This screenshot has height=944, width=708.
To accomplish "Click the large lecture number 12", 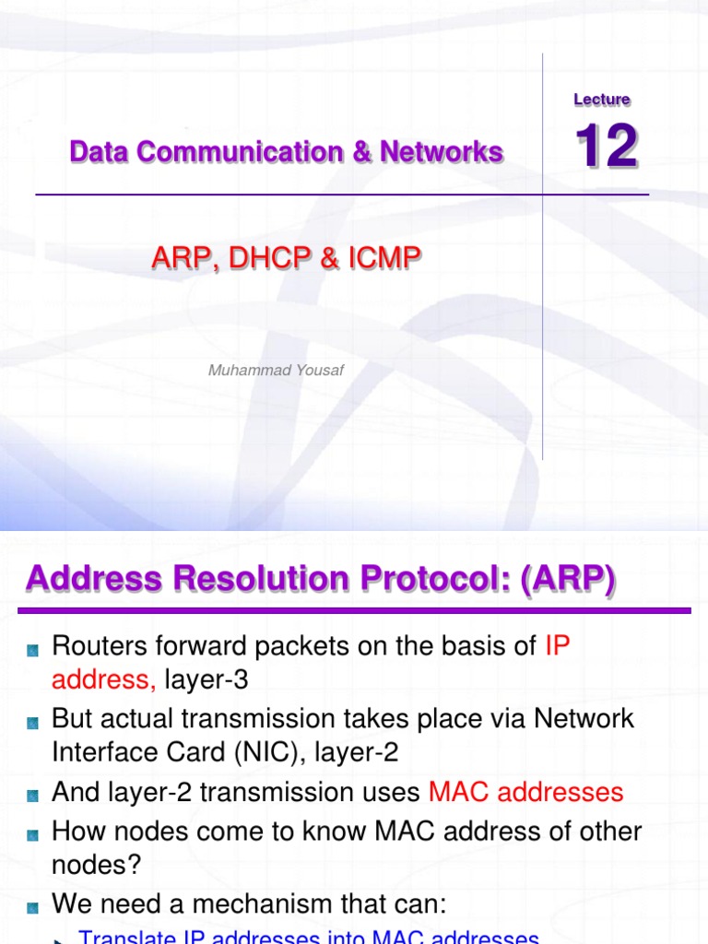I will [x=607, y=147].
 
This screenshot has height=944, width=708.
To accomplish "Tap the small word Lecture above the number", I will [x=601, y=100].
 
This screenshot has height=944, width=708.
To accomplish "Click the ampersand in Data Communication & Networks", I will [x=360, y=152].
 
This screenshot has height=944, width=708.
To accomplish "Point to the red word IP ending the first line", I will [x=558, y=646].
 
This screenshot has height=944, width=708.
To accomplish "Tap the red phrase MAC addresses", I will [x=526, y=792].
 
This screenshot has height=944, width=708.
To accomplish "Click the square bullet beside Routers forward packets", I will [x=33, y=650].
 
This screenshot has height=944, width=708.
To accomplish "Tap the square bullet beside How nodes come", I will [x=33, y=834].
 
